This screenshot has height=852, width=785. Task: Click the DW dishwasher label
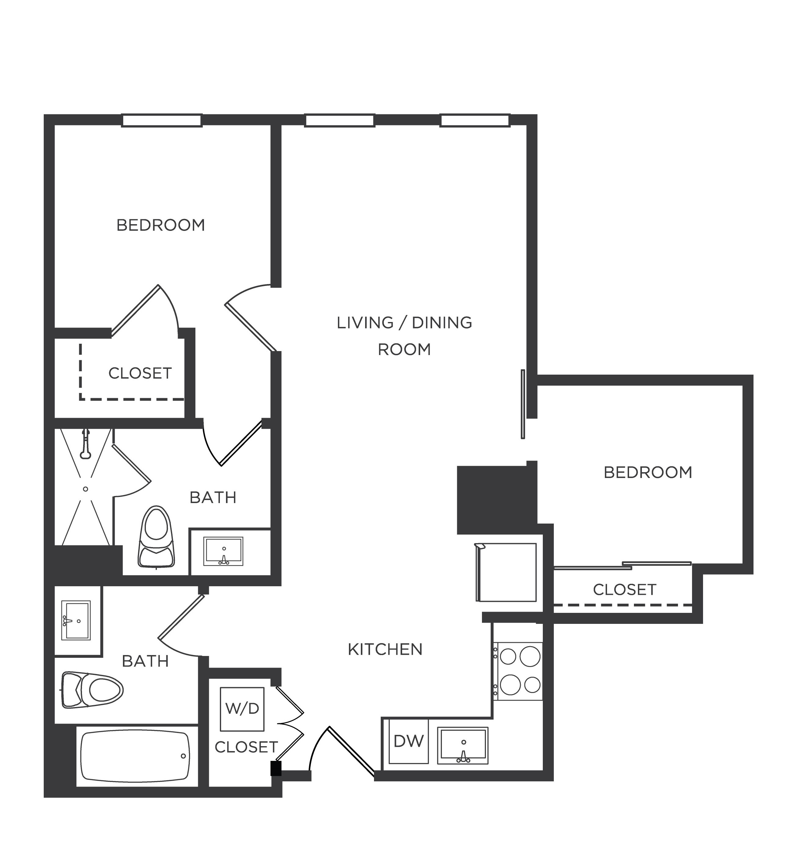point(408,741)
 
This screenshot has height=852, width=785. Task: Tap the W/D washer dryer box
point(242,709)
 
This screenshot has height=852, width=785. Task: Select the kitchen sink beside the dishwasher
point(463,745)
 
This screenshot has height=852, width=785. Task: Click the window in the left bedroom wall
point(161,120)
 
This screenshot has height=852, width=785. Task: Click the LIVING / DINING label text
point(404,323)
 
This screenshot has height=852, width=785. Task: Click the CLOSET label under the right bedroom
point(624,590)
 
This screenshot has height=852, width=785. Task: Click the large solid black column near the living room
point(493,500)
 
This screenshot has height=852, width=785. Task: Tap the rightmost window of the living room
point(475,120)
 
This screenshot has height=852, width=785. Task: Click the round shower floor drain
point(86,489)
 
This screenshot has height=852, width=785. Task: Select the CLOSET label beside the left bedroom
point(140,373)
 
